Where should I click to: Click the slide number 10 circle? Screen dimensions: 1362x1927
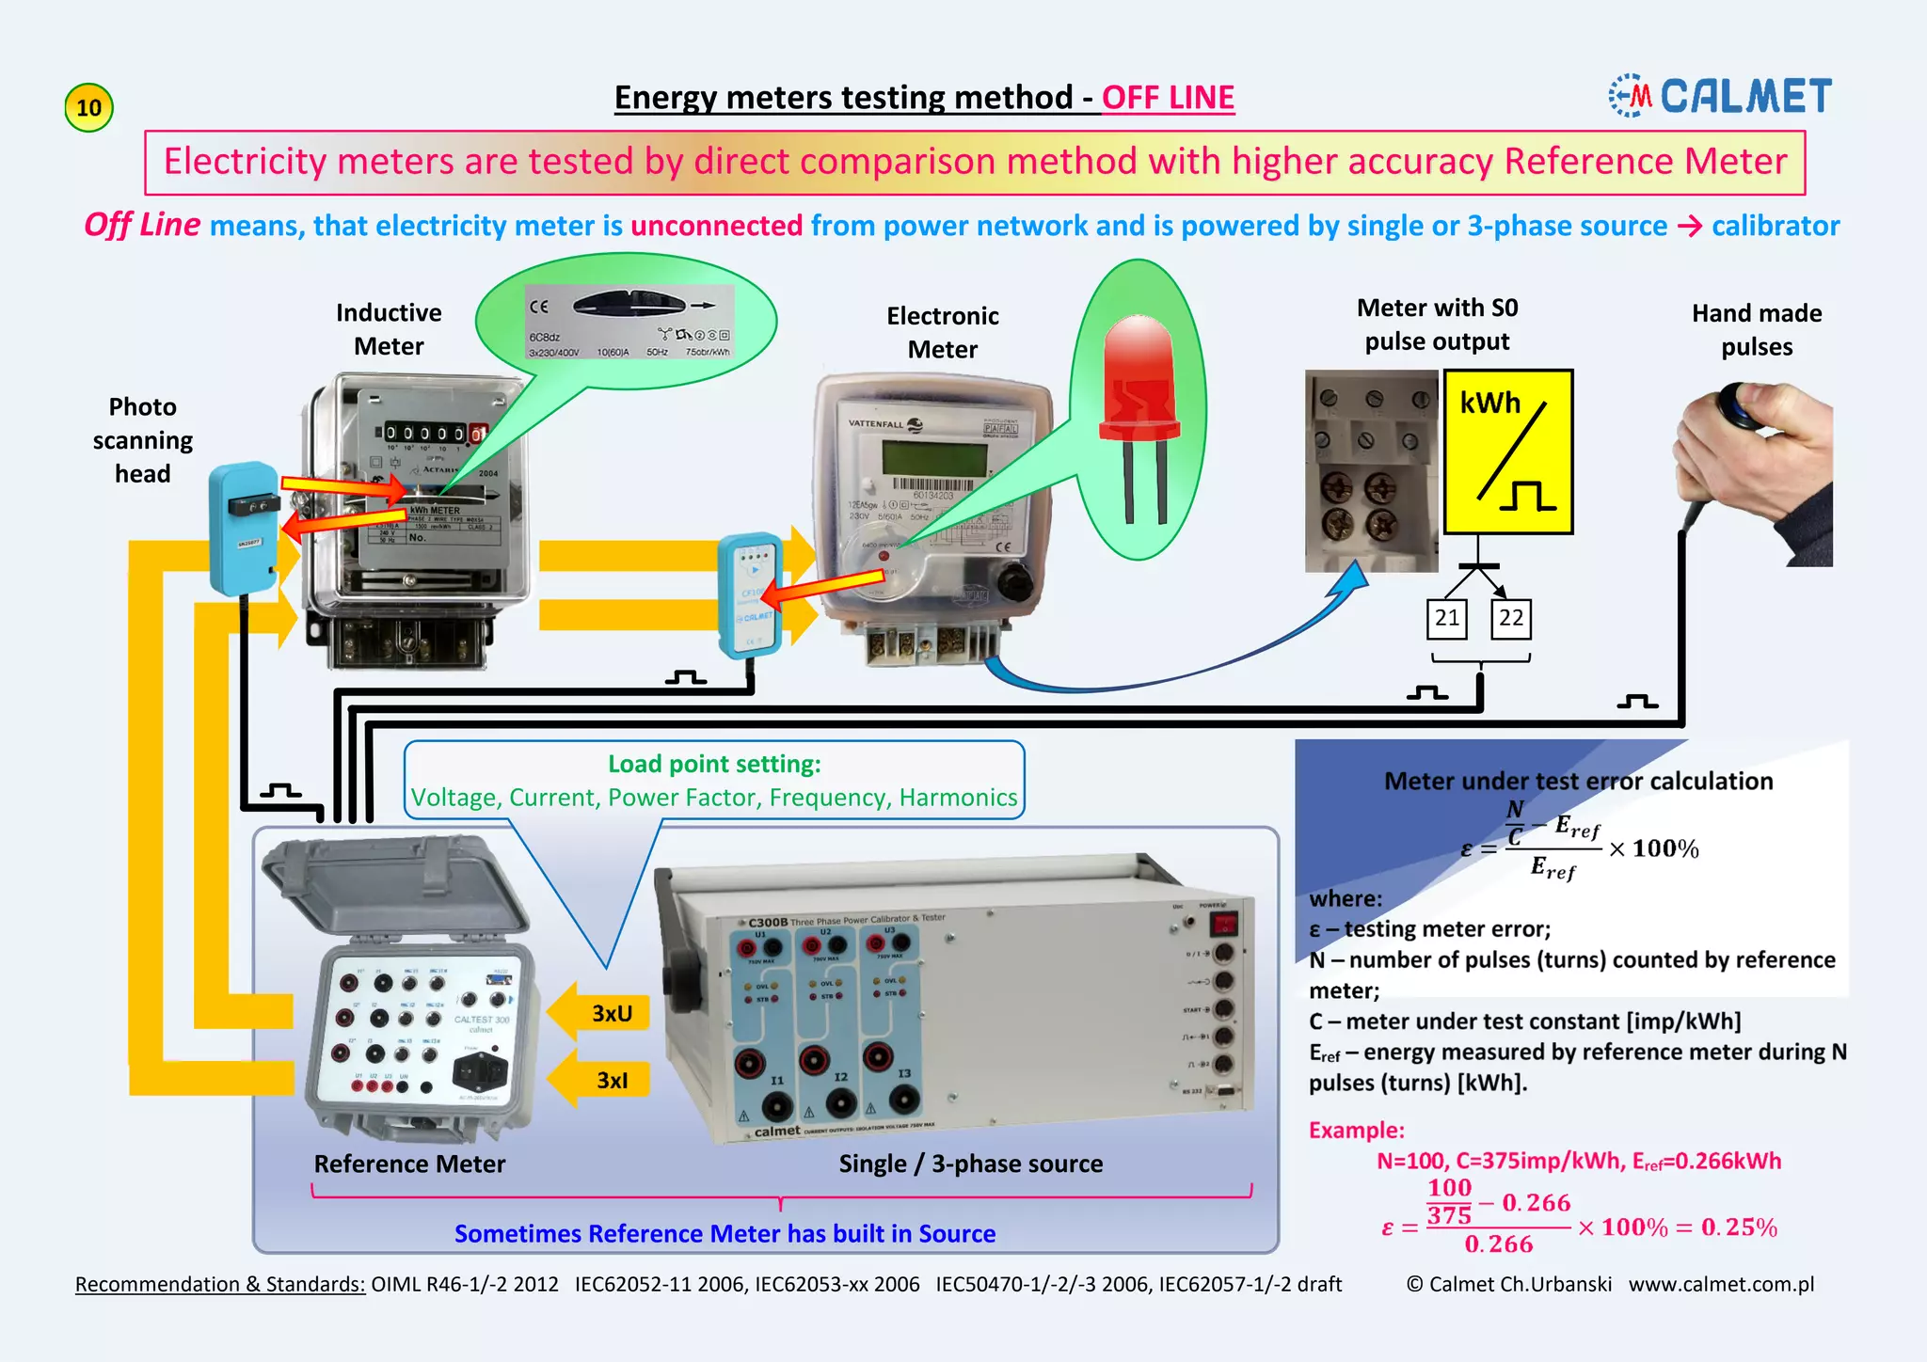(x=88, y=107)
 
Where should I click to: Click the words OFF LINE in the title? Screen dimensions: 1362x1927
(x=1168, y=98)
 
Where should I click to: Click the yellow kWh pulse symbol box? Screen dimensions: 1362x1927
(x=1507, y=451)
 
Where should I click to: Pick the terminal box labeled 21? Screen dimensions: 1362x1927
(x=1447, y=618)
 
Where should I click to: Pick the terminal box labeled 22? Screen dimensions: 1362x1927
(x=1511, y=618)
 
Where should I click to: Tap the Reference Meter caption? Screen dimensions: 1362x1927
(x=409, y=1164)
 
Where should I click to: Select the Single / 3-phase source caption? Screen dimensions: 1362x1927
(x=970, y=1164)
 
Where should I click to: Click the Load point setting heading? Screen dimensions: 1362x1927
(x=714, y=764)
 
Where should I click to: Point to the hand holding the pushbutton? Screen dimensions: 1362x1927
(x=1756, y=461)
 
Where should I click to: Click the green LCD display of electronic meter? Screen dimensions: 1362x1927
(x=933, y=459)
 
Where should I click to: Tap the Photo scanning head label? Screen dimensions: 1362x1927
(x=142, y=440)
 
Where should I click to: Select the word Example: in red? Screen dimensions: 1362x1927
(x=1356, y=1131)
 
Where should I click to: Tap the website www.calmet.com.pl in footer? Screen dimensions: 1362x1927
(x=1721, y=1285)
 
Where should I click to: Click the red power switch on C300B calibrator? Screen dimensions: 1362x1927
(x=1222, y=925)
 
